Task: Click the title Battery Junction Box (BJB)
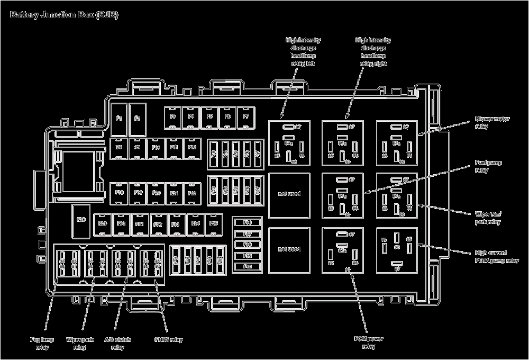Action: tap(64, 15)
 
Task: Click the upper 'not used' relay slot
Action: tap(289, 194)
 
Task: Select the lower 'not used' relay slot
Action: tap(289, 249)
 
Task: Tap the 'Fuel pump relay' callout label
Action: tap(488, 167)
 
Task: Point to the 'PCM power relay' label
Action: tap(369, 343)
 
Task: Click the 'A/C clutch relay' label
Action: tap(117, 343)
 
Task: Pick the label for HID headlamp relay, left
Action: tap(303, 51)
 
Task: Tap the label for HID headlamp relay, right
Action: tap(373, 51)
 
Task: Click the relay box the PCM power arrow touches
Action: tap(343, 249)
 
